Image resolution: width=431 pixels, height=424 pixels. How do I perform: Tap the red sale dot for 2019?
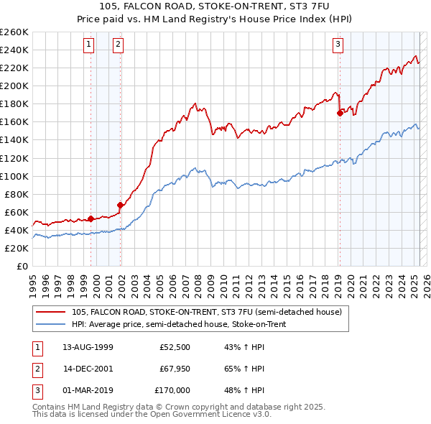(340, 112)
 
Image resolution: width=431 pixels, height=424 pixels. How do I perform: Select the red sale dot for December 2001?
(121, 205)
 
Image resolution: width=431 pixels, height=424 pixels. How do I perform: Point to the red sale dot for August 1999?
(91, 218)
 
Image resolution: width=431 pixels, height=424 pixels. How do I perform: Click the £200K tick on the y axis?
(14, 86)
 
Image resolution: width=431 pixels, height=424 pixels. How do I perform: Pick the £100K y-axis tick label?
(14, 176)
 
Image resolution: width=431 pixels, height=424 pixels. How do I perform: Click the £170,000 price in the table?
(172, 390)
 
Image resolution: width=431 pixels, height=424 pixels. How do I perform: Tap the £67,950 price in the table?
(174, 369)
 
